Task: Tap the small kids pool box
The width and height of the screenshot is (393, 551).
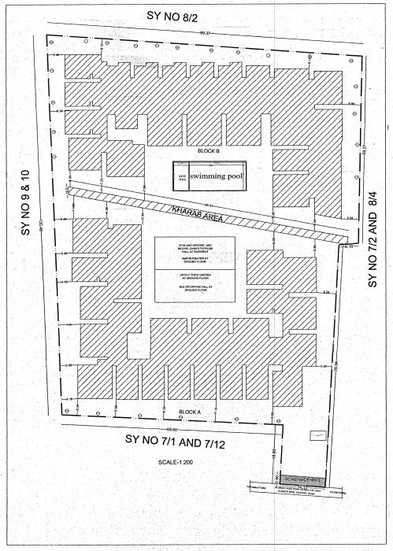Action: pyautogui.click(x=181, y=176)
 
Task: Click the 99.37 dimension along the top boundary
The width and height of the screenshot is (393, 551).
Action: pyautogui.click(x=206, y=34)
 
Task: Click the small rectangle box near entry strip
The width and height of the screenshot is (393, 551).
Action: pyautogui.click(x=317, y=434)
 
